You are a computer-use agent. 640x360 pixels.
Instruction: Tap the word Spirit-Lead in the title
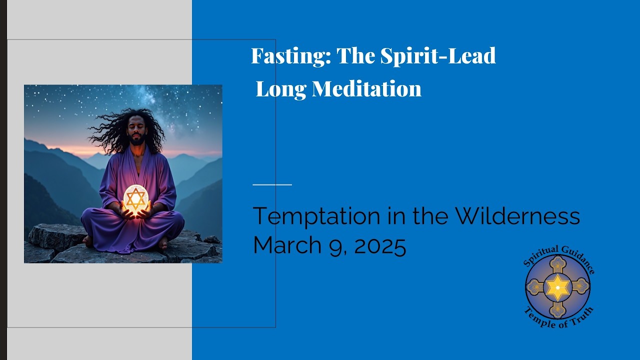point(438,56)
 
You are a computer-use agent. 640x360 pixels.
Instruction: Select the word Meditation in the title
point(366,89)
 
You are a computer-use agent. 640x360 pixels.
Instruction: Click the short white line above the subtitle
point(272,184)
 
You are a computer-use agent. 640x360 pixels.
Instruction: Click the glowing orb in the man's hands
point(135,199)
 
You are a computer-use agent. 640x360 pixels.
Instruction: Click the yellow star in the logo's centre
point(557,287)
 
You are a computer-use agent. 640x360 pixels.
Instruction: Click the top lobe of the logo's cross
point(557,263)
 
